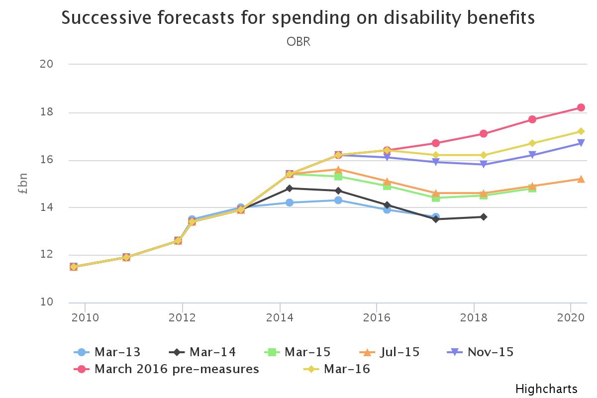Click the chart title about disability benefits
(298, 18)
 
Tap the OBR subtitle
(298, 42)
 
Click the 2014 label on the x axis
(280, 317)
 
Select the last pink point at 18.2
(581, 107)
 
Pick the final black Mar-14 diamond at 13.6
(484, 217)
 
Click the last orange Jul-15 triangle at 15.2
(581, 179)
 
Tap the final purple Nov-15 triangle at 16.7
(581, 143)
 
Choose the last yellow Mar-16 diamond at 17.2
(581, 131)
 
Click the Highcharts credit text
(546, 389)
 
